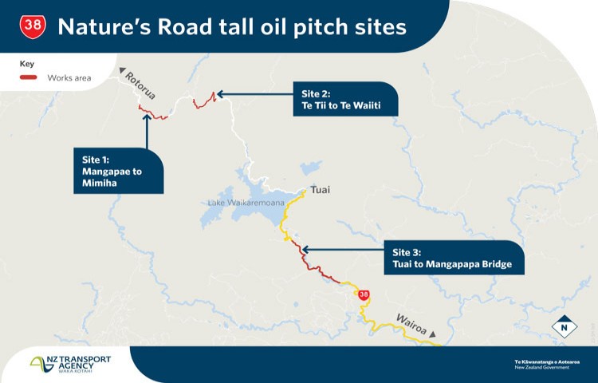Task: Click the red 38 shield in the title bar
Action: [33, 26]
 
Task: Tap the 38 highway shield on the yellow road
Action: [364, 295]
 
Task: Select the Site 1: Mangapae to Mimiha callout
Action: [119, 171]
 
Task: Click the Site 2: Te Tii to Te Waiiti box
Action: [345, 99]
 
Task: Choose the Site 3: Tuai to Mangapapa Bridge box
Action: [454, 258]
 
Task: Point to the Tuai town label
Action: [320, 190]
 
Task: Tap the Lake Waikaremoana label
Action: [246, 203]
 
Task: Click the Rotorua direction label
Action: [140, 86]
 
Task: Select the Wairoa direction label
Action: [411, 324]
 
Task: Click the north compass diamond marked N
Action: [565, 327]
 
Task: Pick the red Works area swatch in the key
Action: [29, 77]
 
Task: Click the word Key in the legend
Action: [26, 64]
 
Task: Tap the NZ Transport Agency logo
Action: [70, 364]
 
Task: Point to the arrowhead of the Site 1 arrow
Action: [147, 116]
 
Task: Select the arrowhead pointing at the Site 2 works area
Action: [220, 94]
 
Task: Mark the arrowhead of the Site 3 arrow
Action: [305, 251]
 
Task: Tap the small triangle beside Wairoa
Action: [432, 334]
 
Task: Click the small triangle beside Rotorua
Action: [122, 70]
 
